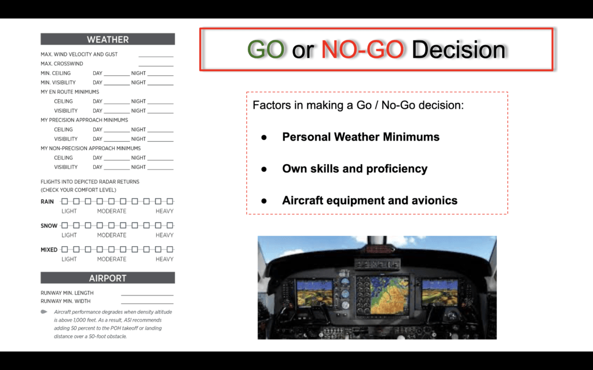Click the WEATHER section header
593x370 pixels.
[x=108, y=39]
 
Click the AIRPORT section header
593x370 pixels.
[x=108, y=278]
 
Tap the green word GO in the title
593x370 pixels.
[x=265, y=50]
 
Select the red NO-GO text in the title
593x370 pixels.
[x=363, y=50]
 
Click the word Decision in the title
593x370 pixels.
[x=459, y=50]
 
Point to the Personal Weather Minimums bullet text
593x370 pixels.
[x=361, y=136]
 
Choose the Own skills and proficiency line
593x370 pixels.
[x=355, y=168]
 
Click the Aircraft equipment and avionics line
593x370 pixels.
[x=370, y=200]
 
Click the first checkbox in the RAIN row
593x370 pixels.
[x=65, y=201]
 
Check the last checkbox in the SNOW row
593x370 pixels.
[x=170, y=225]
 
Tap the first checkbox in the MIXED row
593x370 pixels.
[x=65, y=249]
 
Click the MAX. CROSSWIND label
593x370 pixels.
[x=62, y=64]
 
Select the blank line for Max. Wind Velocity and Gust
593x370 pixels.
[x=156, y=57]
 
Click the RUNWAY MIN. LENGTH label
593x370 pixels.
[x=67, y=293]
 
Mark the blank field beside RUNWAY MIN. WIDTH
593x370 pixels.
[x=147, y=303]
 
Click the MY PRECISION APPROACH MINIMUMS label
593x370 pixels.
[x=85, y=120]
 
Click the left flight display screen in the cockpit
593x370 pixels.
[x=314, y=292]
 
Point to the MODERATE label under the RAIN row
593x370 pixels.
[x=112, y=211]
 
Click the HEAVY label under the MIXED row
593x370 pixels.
[x=164, y=259]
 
